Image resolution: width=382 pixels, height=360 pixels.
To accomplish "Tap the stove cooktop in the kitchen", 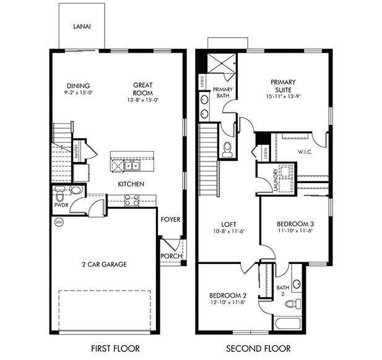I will tap(131, 200).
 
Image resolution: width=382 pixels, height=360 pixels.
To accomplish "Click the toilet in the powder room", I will tap(76, 191).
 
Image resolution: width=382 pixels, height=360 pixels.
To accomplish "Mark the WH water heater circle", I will tap(59, 221).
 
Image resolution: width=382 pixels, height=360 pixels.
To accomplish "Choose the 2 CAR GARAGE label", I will tap(104, 265).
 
